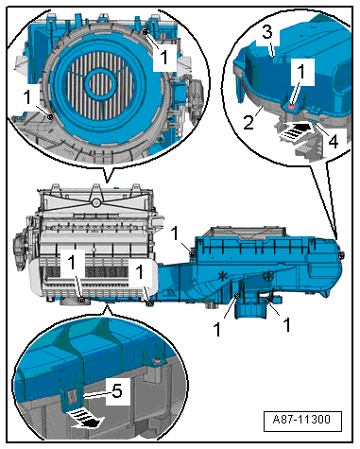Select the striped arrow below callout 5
click(87, 411)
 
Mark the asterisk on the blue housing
click(222, 277)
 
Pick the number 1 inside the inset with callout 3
click(300, 71)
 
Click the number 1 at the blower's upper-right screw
click(163, 56)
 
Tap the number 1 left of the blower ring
click(29, 95)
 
